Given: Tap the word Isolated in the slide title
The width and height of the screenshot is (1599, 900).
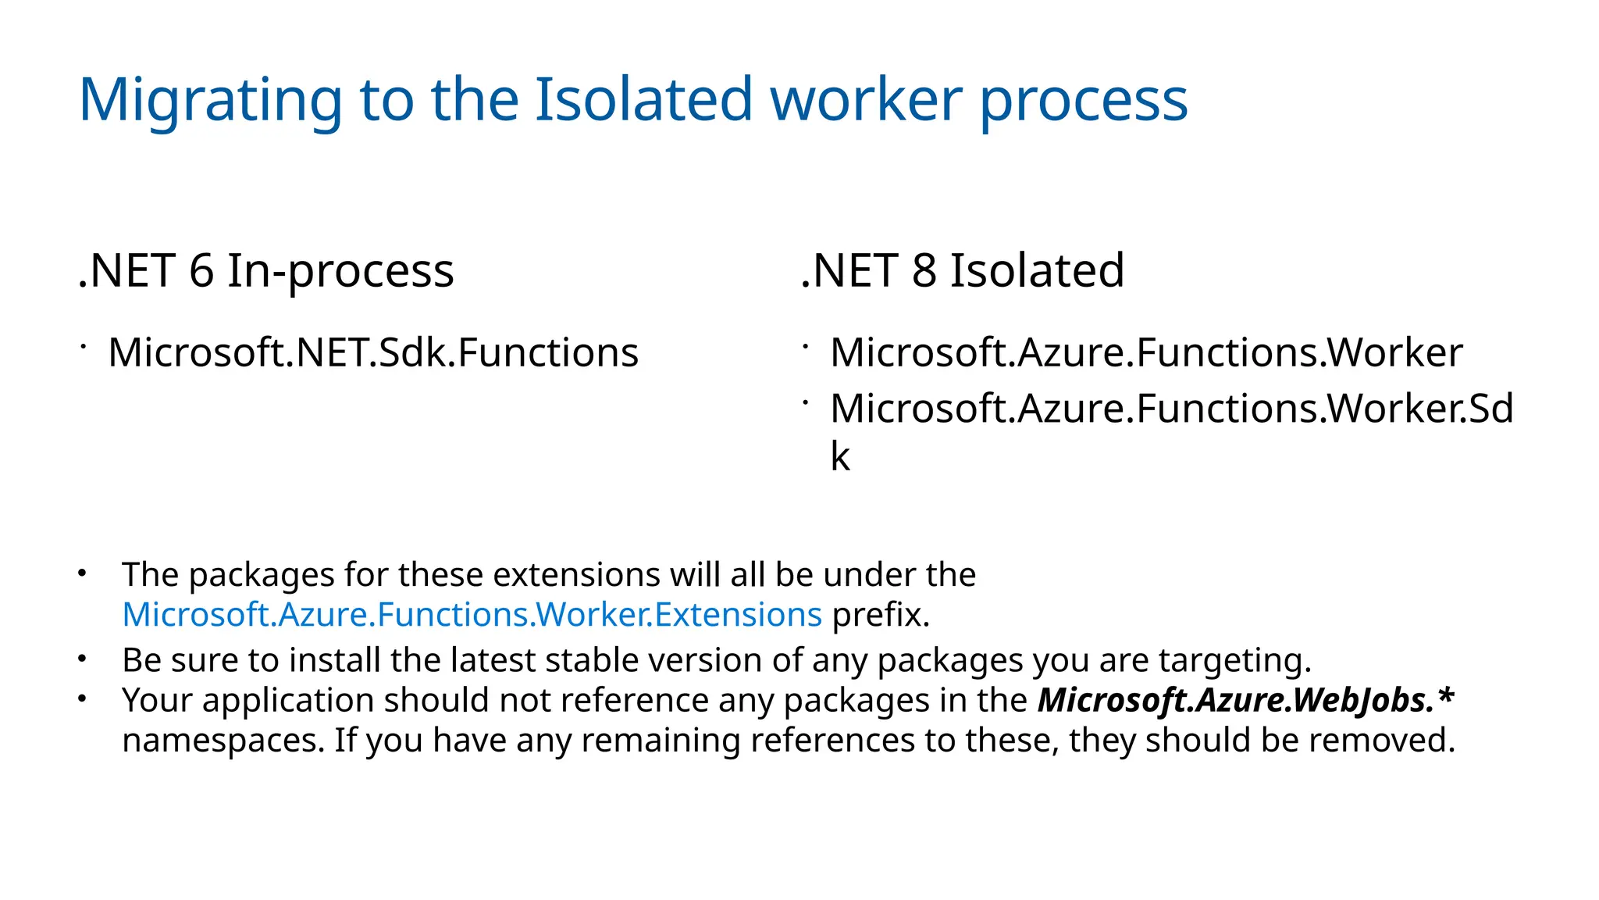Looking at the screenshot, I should click(643, 100).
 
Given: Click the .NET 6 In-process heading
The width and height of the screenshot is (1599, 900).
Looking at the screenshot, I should click(265, 271).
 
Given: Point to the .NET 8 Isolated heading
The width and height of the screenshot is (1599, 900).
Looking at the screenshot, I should click(962, 271).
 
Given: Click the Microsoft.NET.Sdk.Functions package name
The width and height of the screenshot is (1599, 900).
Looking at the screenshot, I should click(373, 352).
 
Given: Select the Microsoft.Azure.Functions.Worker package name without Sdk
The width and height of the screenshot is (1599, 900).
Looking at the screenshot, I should click(1145, 352).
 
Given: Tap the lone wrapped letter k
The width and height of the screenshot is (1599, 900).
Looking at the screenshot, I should click(840, 456).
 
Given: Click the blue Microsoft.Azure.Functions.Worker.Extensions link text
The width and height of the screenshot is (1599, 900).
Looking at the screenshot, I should click(472, 615).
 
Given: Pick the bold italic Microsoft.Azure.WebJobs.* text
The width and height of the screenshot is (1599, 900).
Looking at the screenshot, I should click(1245, 700).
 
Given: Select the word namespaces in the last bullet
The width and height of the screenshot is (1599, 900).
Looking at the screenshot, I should click(223, 741).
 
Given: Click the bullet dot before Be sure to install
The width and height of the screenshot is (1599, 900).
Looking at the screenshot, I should click(81, 659).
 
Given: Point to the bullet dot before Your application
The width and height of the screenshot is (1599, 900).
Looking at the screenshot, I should click(81, 698).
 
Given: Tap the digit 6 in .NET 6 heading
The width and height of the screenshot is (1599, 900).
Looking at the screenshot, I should click(201, 271).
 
